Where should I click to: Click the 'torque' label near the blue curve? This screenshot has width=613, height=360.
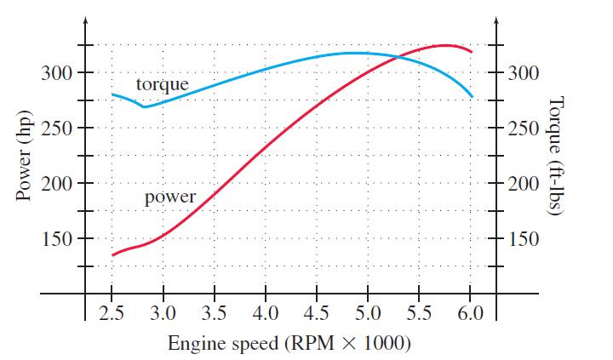pyautogui.click(x=162, y=84)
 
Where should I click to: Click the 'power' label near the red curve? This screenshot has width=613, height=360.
pyautogui.click(x=170, y=197)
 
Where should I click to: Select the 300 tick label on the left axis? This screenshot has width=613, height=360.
pyautogui.click(x=56, y=73)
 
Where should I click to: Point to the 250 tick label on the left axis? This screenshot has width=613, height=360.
pyautogui.click(x=56, y=129)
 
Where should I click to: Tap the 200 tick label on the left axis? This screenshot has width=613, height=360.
pyautogui.click(x=56, y=184)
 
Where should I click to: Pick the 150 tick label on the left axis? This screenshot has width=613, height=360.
pyautogui.click(x=56, y=239)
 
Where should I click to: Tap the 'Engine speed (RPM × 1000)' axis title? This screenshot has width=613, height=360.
pyautogui.click(x=289, y=344)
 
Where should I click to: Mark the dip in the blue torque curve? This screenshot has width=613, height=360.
pyautogui.click(x=144, y=106)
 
